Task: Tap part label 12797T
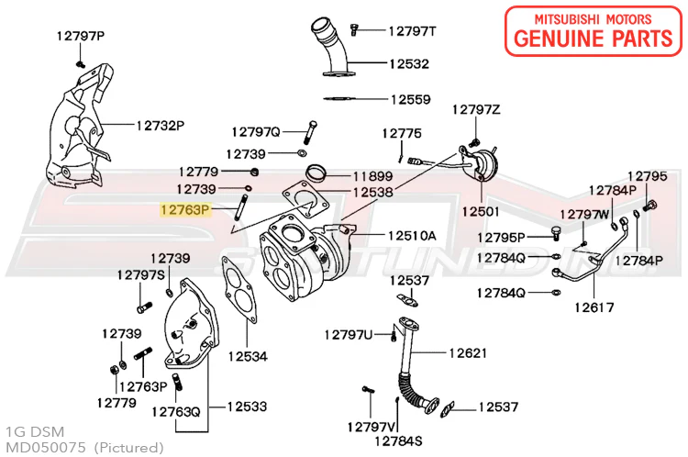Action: tap(412, 31)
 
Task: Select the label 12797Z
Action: tap(476, 110)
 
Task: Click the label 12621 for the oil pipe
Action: tap(468, 353)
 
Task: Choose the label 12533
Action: tap(247, 405)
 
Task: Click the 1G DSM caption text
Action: tap(28, 431)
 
